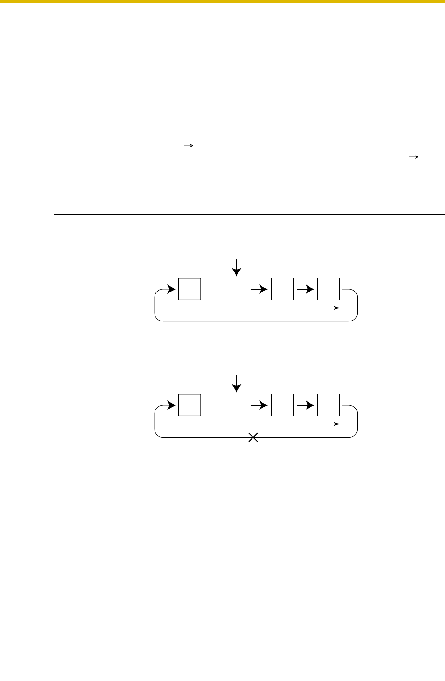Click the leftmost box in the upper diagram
(189, 289)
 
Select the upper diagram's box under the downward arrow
(236, 289)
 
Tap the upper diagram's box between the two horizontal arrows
(282, 289)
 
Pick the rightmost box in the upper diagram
(329, 289)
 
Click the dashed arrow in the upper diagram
(279, 308)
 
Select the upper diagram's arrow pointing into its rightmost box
(306, 289)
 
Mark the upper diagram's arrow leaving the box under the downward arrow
(260, 289)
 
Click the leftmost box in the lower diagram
(189, 405)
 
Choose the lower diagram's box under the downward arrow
(236, 405)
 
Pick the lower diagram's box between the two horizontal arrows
(282, 405)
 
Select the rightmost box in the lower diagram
(329, 405)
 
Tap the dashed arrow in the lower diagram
(279, 424)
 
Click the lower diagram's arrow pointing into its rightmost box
(306, 405)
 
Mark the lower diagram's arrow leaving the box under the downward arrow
(260, 405)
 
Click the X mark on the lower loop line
(253, 438)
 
